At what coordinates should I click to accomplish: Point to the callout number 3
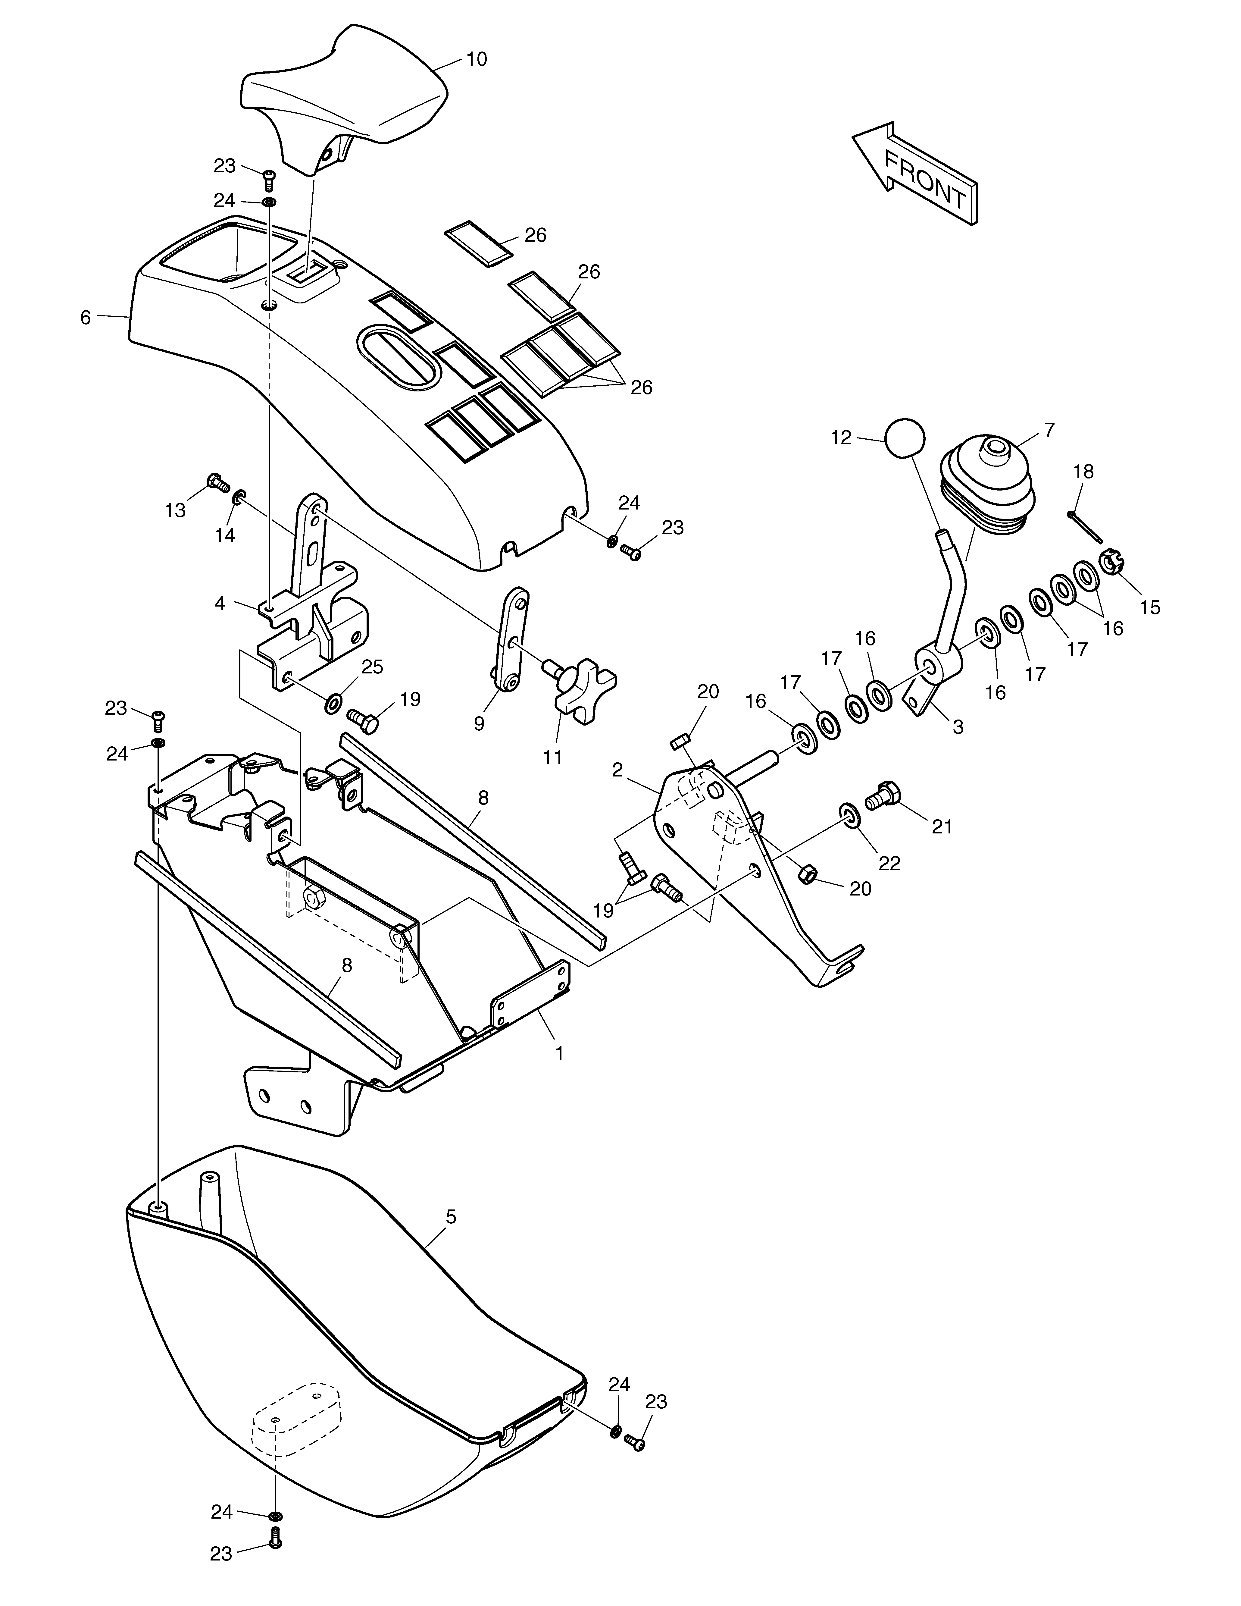coord(958,726)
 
